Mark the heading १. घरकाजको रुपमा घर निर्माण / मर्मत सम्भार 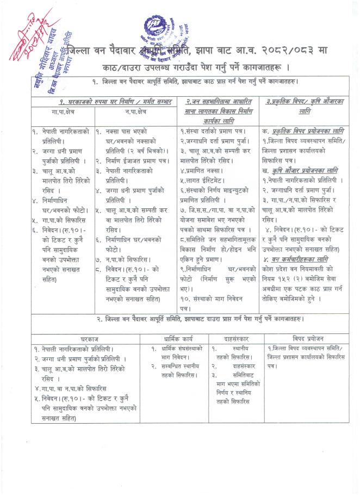tap(100, 101)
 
